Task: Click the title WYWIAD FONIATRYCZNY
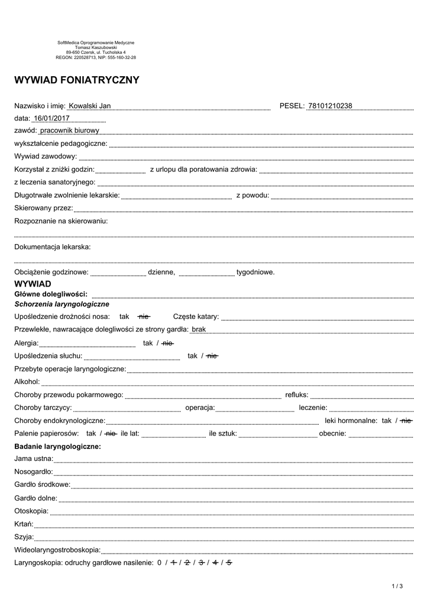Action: pyautogui.click(x=77, y=80)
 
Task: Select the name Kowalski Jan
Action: pyautogui.click(x=90, y=106)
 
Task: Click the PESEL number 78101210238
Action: pyautogui.click(x=330, y=106)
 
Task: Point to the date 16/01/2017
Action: pyautogui.click(x=52, y=118)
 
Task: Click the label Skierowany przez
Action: pyautogui.click(x=43, y=208)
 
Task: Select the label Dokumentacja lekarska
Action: pyautogui.click(x=53, y=246)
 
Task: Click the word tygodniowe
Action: pyautogui.click(x=255, y=272)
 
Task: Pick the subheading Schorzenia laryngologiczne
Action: pyautogui.click(x=62, y=304)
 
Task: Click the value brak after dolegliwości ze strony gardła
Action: pyautogui.click(x=199, y=329)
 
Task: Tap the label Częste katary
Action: pyautogui.click(x=196, y=317)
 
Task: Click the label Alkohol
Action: pyautogui.click(x=27, y=382)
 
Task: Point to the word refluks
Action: pyautogui.click(x=297, y=395)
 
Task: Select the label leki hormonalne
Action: pyautogui.click(x=351, y=421)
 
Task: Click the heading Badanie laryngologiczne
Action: pyautogui.click(x=58, y=446)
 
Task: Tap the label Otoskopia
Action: pyautogui.click(x=31, y=511)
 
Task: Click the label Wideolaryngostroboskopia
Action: pyautogui.click(x=57, y=550)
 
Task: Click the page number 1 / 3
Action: pyautogui.click(x=397, y=586)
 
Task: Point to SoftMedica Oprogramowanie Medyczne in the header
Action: pyautogui.click(x=96, y=43)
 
